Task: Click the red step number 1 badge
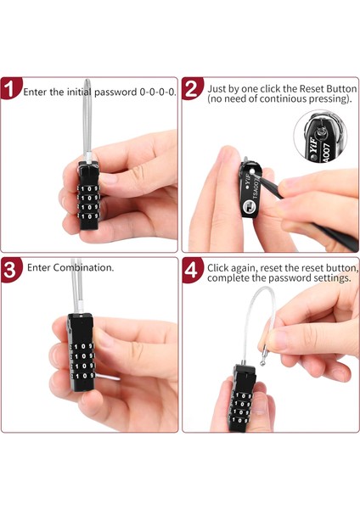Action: (10, 87)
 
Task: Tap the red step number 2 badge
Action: (192, 87)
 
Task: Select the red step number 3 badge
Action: (11, 269)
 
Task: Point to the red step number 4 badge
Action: (193, 269)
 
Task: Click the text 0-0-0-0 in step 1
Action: (158, 92)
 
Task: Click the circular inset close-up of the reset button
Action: (320, 136)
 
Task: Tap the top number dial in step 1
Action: (88, 188)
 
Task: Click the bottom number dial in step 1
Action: (88, 215)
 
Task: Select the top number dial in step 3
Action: (82, 347)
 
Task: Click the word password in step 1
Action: (115, 92)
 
